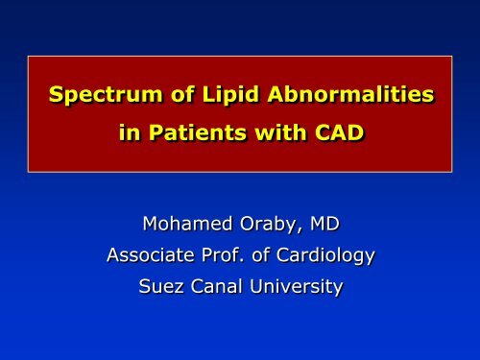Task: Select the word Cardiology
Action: [325, 257]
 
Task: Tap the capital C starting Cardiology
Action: [286, 256]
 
